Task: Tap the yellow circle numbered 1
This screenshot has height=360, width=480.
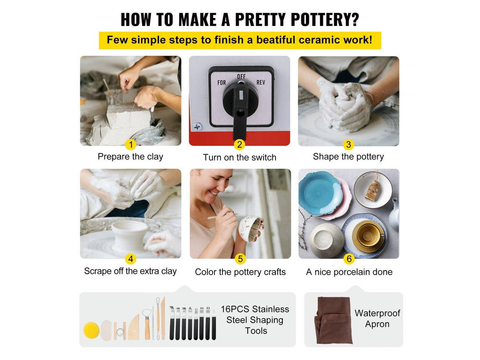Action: [131, 144]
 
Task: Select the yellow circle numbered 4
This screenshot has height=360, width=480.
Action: [131, 259]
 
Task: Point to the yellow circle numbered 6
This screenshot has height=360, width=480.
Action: [349, 259]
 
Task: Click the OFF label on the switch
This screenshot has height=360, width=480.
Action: [241, 76]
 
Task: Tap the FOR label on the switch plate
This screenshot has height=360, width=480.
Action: [222, 83]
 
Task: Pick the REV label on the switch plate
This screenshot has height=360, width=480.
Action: [261, 82]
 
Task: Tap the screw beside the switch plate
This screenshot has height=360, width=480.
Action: [197, 127]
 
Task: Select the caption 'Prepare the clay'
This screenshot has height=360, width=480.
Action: [130, 156]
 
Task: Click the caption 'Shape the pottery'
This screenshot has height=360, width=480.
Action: [348, 156]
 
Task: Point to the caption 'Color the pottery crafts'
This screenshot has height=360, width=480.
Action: [240, 272]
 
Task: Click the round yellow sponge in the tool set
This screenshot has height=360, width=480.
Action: [92, 330]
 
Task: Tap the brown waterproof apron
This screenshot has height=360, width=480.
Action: [333, 320]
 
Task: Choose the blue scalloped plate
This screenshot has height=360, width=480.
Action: [320, 194]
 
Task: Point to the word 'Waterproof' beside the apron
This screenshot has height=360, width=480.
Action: [377, 314]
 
